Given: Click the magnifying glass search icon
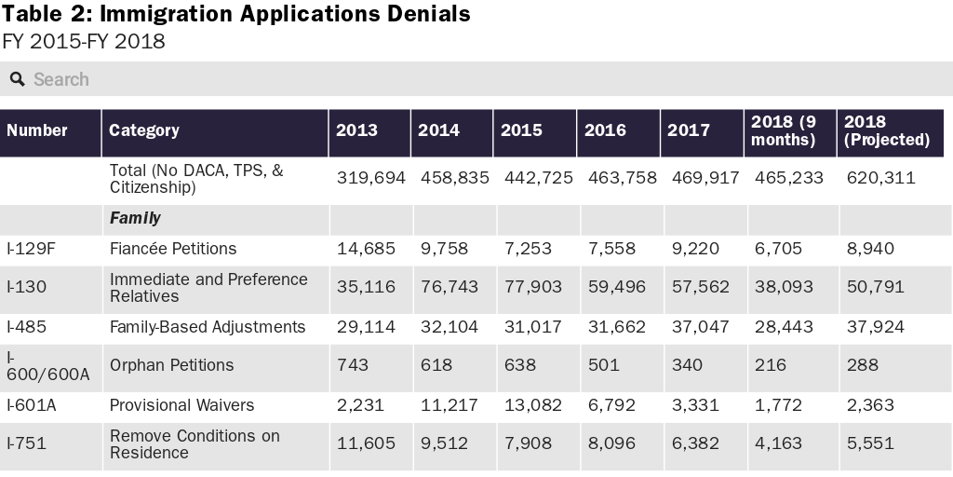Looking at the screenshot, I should pyautogui.click(x=17, y=80).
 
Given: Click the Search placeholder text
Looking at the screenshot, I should pyautogui.click(x=61, y=80).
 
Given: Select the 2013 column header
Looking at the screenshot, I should pyautogui.click(x=356, y=130).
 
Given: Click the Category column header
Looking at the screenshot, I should pyautogui.click(x=144, y=130).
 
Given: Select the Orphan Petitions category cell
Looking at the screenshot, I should pyautogui.click(x=171, y=365).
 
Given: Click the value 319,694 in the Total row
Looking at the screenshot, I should pyautogui.click(x=370, y=178).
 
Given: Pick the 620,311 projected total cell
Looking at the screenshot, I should pyautogui.click(x=880, y=178).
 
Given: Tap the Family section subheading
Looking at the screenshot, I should pyautogui.click(x=135, y=218).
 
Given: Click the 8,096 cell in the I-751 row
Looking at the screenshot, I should pyautogui.click(x=611, y=444).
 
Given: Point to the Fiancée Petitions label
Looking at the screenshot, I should pyautogui.click(x=173, y=249).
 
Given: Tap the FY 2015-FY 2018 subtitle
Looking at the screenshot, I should pyautogui.click(x=84, y=42).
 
